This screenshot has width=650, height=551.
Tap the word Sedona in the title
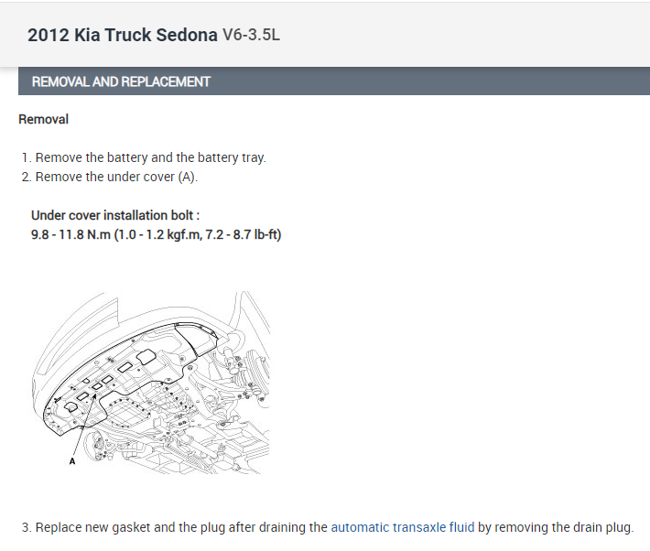[x=187, y=35]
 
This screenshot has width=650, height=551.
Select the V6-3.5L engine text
[x=251, y=35]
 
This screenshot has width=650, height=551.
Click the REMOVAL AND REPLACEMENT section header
[x=121, y=81]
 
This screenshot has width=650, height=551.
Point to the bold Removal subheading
[x=44, y=119]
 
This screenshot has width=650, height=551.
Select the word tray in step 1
[x=253, y=158]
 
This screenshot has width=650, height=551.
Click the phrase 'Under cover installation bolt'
[x=112, y=216]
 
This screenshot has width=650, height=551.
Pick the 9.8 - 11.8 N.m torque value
[x=70, y=234]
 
